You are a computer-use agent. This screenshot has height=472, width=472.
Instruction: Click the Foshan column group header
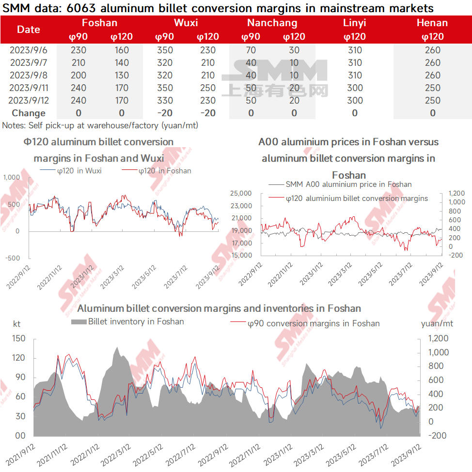(99, 23)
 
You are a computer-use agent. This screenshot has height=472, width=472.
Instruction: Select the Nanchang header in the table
(272, 23)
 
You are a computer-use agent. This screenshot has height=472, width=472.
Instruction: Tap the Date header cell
(28, 30)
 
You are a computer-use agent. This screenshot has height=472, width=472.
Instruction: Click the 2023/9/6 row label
(28, 50)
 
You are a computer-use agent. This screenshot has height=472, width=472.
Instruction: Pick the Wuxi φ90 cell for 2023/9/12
(165, 100)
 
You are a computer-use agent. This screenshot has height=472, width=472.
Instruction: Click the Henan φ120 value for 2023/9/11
(433, 88)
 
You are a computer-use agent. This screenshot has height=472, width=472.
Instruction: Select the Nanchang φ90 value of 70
(251, 50)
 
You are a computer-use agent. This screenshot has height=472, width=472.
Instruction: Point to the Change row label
(29, 113)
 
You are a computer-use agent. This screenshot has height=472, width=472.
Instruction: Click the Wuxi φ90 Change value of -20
(165, 113)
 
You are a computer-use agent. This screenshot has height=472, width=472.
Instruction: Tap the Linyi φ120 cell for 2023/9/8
(355, 75)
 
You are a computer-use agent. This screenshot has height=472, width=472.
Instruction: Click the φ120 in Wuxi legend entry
(71, 171)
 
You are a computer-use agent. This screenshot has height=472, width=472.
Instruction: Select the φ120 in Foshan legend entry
(157, 171)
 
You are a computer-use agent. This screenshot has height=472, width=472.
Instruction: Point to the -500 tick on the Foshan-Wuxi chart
(13, 258)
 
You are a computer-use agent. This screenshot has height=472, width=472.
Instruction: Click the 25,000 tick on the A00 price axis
(241, 193)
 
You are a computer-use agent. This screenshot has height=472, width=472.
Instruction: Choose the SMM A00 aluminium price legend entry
(340, 184)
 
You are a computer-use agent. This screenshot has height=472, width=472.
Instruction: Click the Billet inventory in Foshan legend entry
(127, 321)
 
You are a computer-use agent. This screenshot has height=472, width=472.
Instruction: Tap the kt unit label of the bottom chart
(16, 324)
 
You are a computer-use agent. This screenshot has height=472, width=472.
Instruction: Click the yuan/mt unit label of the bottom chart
(437, 323)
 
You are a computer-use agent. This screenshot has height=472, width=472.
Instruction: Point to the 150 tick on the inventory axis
(19, 338)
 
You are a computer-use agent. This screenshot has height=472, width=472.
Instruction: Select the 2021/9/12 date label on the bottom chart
(20, 455)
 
